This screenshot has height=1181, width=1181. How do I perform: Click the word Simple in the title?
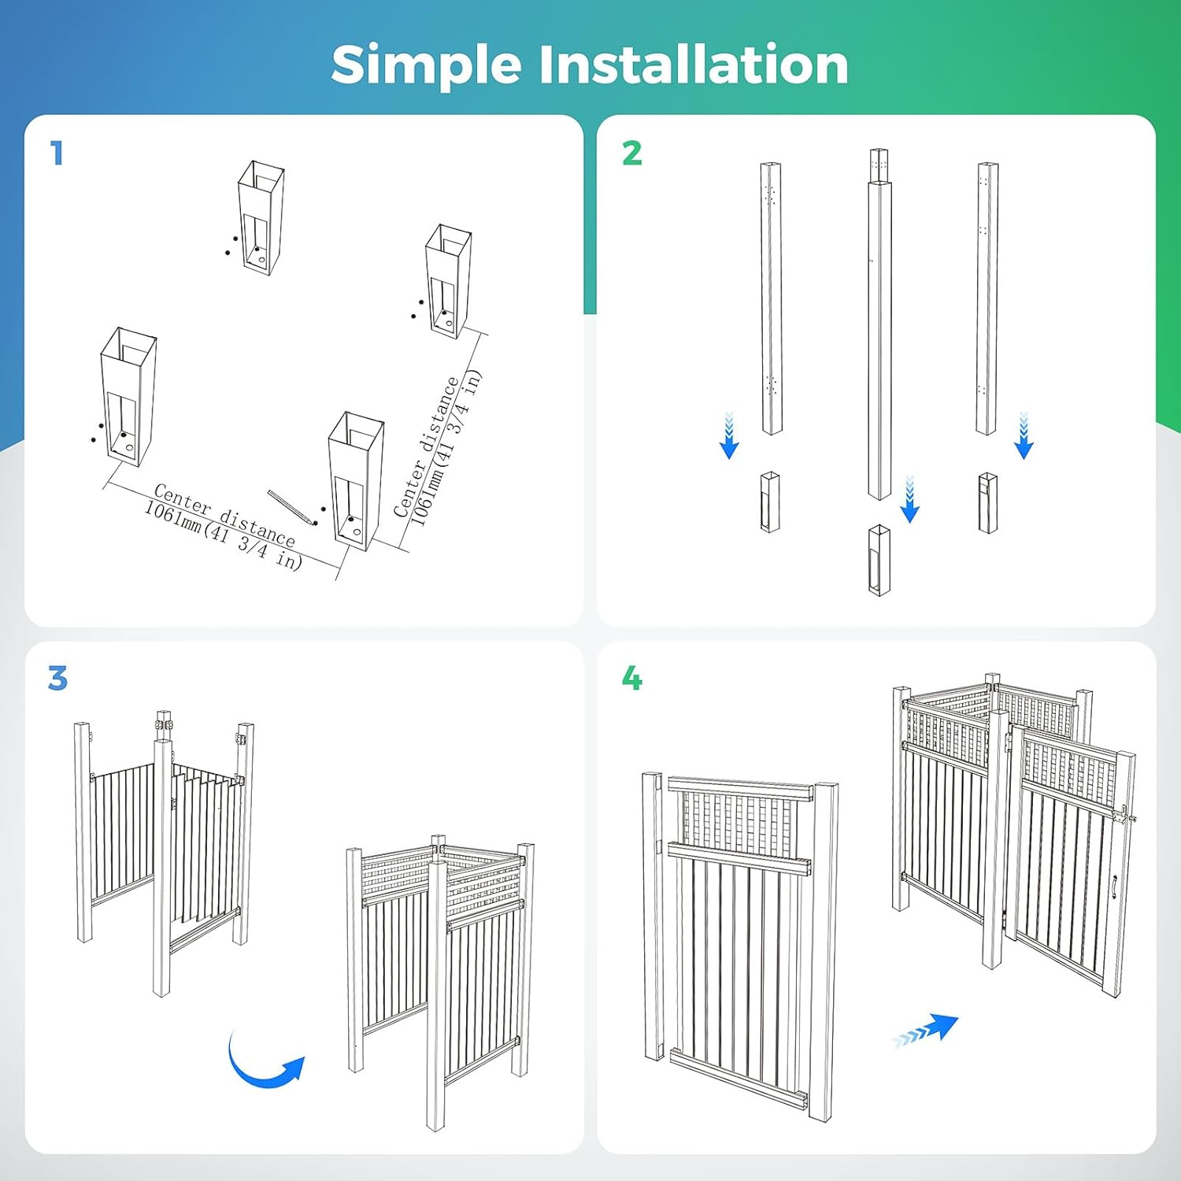[426, 65]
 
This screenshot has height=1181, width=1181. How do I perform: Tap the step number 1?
[57, 153]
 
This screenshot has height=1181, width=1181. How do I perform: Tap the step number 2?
[631, 153]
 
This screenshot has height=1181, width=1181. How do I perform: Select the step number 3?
[57, 678]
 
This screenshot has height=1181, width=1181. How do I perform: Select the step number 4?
[631, 678]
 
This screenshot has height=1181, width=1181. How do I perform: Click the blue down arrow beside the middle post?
[909, 499]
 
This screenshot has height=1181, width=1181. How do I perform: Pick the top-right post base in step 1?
[448, 281]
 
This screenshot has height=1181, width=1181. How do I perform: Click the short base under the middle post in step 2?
[879, 560]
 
